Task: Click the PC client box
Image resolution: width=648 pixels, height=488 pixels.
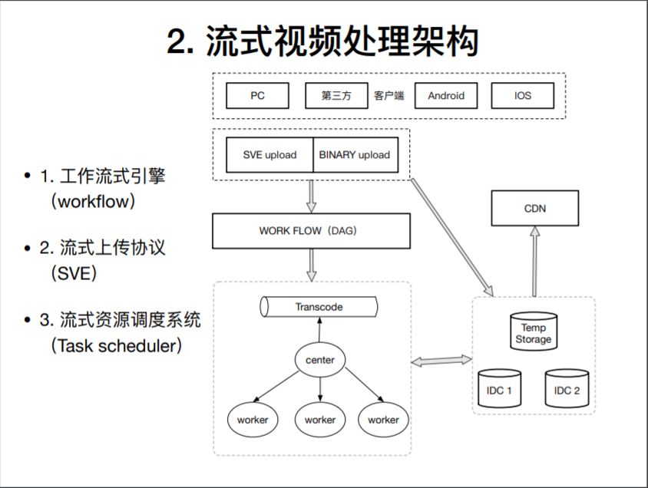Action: tap(257, 96)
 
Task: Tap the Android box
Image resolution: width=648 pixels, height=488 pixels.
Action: tap(445, 96)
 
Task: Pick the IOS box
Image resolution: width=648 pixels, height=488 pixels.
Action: tap(522, 96)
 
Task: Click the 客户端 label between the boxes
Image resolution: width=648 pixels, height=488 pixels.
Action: tap(389, 96)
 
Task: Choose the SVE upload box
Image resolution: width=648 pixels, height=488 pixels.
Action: tap(269, 154)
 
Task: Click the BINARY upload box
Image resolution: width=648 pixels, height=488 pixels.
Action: tap(354, 154)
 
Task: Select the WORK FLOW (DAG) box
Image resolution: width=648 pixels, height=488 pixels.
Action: tap(311, 231)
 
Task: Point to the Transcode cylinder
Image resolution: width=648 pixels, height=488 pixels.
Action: tap(319, 307)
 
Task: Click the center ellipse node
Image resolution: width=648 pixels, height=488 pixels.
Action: tap(320, 360)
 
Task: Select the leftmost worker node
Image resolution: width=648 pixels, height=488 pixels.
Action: tap(253, 420)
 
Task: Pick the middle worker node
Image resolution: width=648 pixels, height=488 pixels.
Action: tap(320, 420)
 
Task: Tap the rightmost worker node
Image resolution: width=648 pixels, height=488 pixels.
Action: tap(383, 420)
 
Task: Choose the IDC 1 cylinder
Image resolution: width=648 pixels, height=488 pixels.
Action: tap(499, 390)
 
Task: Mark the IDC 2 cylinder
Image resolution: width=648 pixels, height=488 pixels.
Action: tap(567, 390)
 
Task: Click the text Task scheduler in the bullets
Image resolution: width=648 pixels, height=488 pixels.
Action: tap(117, 345)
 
